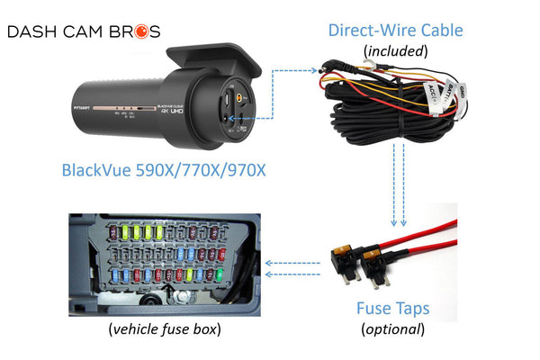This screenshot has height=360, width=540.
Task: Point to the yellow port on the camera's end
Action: pyautogui.click(x=240, y=92)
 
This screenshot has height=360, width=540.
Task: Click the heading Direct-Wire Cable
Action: pyautogui.click(x=396, y=30)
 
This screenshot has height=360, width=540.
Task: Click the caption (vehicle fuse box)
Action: pyautogui.click(x=164, y=329)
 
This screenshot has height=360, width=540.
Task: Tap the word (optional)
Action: pyautogui.click(x=391, y=328)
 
